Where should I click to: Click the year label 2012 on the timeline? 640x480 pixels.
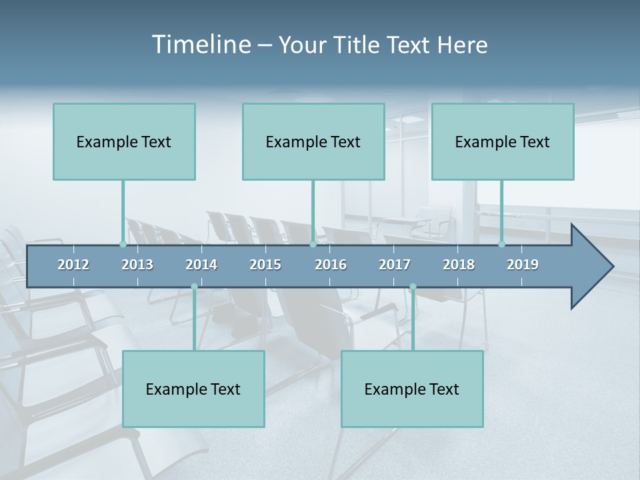tap(73, 265)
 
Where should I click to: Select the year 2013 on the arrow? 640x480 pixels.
tap(137, 265)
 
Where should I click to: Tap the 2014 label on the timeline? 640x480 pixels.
tap(201, 265)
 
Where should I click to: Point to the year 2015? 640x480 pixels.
tap(265, 265)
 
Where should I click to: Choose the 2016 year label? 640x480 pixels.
tap(331, 265)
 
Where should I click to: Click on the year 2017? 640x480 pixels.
tap(395, 265)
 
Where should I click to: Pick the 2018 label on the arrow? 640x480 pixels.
tap(459, 265)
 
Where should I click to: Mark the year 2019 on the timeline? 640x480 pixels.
tap(523, 265)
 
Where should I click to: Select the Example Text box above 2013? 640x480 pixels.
tap(124, 141)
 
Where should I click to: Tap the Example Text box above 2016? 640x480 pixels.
tap(313, 141)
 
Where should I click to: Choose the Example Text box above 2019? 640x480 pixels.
tap(503, 141)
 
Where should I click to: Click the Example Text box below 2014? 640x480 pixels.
tap(193, 389)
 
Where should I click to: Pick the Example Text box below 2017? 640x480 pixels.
tap(412, 389)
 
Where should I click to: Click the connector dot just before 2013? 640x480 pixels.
tap(123, 244)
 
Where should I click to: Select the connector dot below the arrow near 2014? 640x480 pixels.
tap(194, 287)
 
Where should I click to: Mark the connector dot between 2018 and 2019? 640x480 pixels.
tap(501, 244)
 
